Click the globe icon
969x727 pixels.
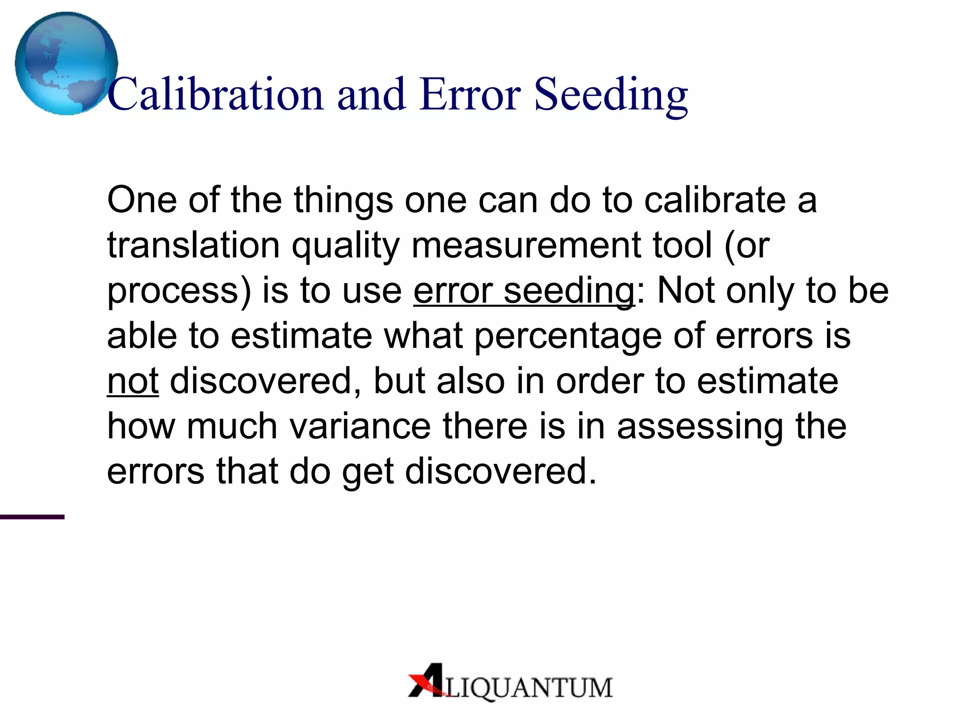tap(66, 63)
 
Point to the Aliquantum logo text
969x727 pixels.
tap(528, 687)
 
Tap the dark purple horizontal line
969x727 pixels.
tap(32, 517)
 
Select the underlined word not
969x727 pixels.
tap(132, 381)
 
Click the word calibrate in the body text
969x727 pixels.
tap(715, 200)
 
